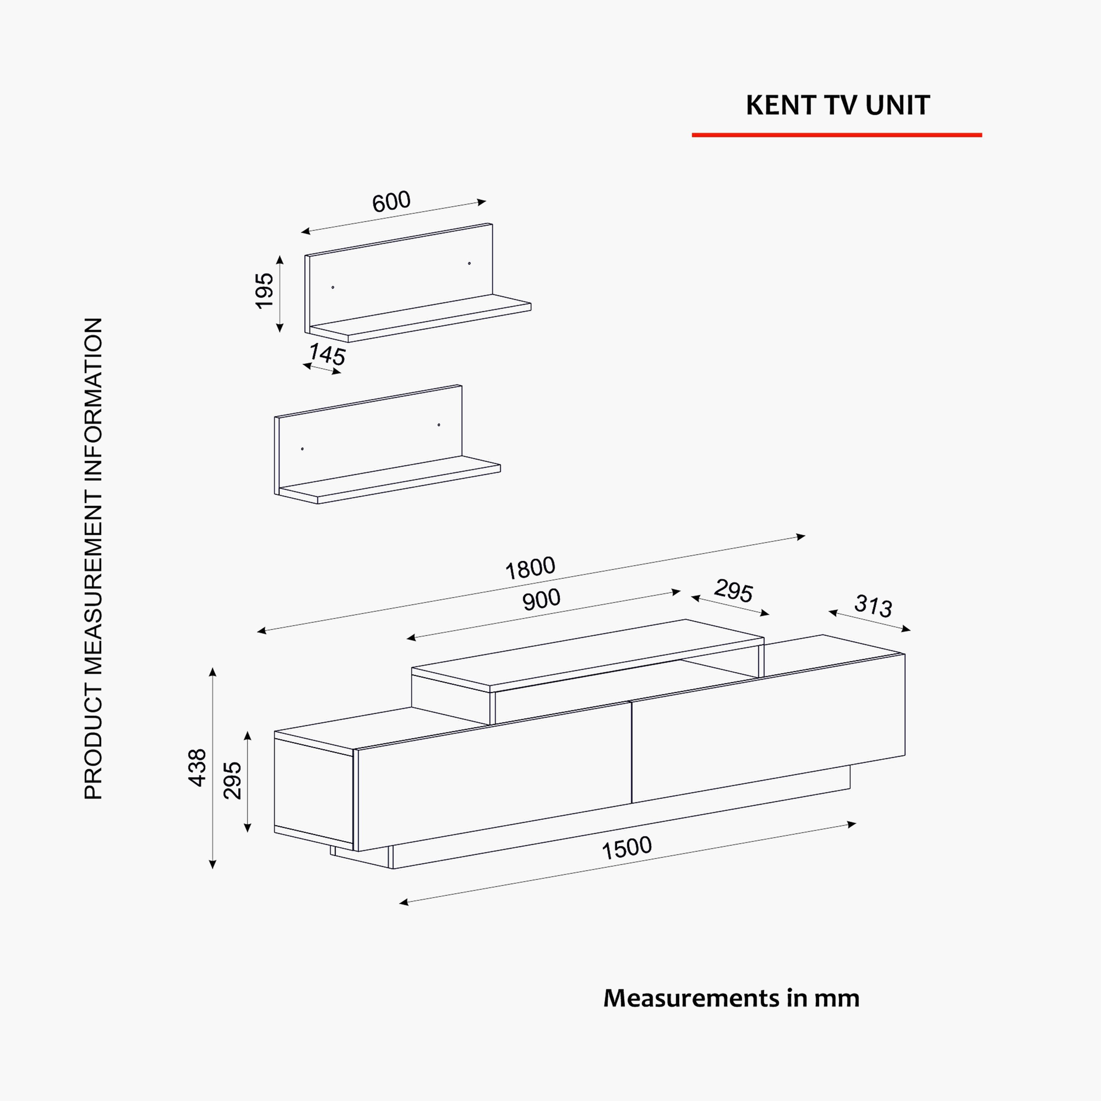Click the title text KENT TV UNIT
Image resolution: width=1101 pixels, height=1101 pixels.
pyautogui.click(x=838, y=105)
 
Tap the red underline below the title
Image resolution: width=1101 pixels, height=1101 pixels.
pyautogui.click(x=837, y=135)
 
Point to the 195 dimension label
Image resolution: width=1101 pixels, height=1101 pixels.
pyautogui.click(x=264, y=291)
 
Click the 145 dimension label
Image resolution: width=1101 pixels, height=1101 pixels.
pyautogui.click(x=327, y=355)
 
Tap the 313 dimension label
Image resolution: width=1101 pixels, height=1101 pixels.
pyautogui.click(x=873, y=606)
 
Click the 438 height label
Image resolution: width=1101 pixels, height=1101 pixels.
pyautogui.click(x=197, y=768)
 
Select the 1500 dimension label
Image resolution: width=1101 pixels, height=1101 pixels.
pyautogui.click(x=627, y=848)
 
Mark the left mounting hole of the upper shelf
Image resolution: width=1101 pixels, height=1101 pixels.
pyautogui.click(x=333, y=287)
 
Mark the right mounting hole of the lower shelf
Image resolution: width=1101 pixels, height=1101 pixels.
pyautogui.click(x=439, y=425)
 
